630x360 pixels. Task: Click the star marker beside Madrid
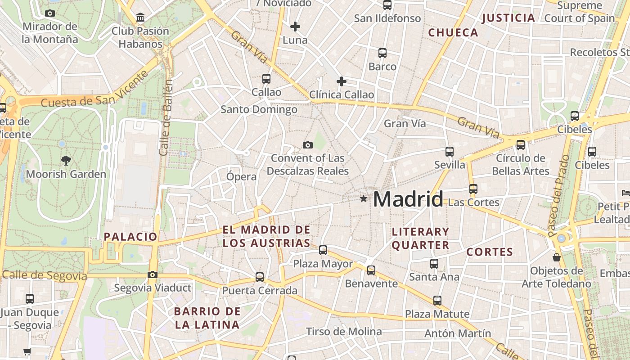tap(364, 198)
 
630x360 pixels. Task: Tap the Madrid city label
tap(408, 199)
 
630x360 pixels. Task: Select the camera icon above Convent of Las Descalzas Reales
tap(308, 145)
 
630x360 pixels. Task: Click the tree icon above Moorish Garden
tap(66, 160)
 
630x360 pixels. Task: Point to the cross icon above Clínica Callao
tap(342, 81)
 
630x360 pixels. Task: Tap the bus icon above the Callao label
tap(266, 79)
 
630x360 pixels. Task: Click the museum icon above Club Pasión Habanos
tap(140, 18)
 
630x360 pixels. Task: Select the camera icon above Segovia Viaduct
tap(153, 274)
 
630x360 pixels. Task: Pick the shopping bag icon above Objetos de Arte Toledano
tap(557, 257)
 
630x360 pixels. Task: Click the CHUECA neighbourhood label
tap(453, 32)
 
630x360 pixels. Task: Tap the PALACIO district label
tap(130, 237)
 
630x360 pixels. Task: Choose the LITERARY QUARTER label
tap(420, 238)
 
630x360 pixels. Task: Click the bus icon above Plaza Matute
tap(437, 300)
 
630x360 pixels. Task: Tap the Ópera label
tap(242, 176)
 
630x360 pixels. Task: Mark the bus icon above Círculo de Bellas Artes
tap(521, 145)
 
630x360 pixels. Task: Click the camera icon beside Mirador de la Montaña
tap(50, 13)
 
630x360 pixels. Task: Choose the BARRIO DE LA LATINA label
tap(207, 318)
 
